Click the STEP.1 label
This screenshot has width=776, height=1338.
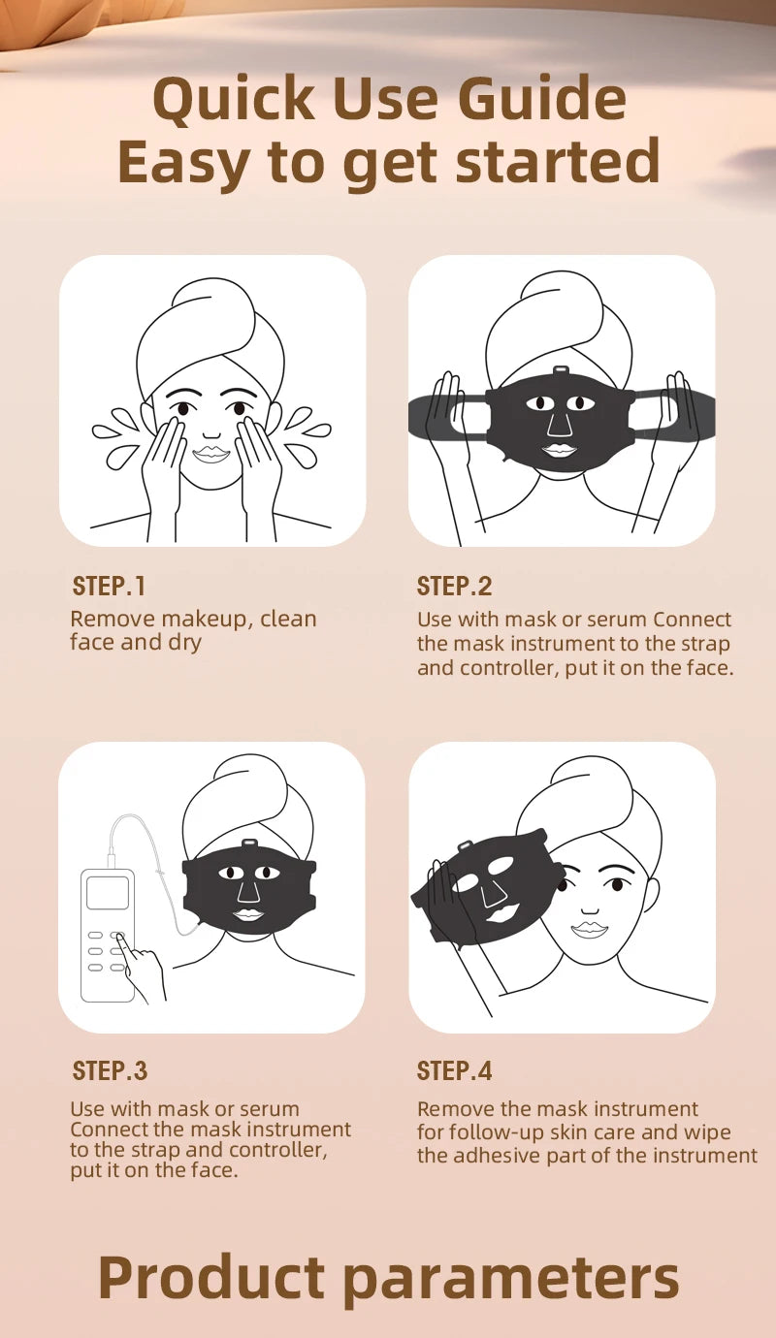[109, 587]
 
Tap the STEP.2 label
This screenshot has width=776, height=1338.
[454, 587]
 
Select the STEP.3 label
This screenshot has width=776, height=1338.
[110, 1071]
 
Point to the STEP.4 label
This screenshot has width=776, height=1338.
[454, 1071]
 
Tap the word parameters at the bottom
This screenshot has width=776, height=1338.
[512, 1278]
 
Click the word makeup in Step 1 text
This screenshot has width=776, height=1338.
[206, 620]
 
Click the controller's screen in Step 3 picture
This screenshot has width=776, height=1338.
[107, 892]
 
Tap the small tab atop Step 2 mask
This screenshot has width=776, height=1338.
[560, 371]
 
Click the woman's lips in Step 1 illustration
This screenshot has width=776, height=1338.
[210, 454]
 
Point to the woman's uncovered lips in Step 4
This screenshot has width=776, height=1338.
[589, 929]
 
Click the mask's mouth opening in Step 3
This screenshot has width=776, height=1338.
[248, 914]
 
